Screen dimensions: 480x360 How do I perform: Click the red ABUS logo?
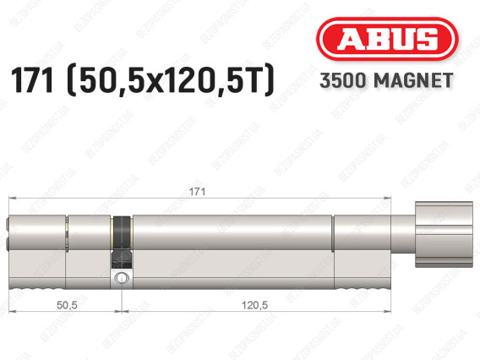[x=387, y=39]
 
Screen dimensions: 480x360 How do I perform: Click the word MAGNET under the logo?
[x=413, y=80]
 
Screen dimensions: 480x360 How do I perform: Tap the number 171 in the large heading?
[x=31, y=80]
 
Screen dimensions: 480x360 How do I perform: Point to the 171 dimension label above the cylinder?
[x=197, y=192]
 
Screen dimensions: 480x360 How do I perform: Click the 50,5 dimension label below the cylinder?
[x=67, y=305]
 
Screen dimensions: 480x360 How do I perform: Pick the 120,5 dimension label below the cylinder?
[x=254, y=305]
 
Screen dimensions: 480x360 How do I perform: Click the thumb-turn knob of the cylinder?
[x=444, y=234]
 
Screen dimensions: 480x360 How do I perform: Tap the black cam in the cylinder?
[x=122, y=242]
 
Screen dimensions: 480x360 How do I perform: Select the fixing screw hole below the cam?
[x=122, y=278]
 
